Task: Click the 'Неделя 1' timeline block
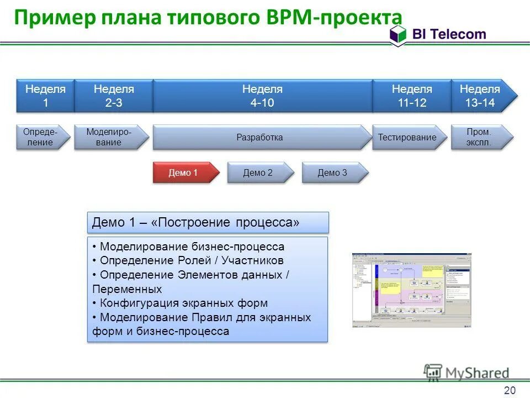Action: coord(45,96)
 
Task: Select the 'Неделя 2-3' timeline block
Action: coord(113,96)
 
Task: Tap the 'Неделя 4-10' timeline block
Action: coord(262,96)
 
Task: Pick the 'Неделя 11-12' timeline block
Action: coord(411,96)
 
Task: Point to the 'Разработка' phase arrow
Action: coord(261,137)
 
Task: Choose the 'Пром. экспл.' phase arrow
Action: coord(479,137)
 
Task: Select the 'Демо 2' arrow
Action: coord(258,172)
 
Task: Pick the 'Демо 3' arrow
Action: coord(333,172)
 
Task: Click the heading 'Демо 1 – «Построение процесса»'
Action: coord(208,222)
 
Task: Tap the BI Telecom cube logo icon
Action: coord(397,35)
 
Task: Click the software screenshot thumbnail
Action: coord(411,290)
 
